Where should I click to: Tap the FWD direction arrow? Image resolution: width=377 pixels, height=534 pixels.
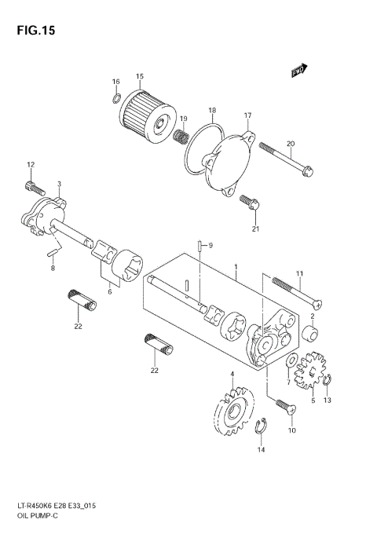click(x=298, y=71)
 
